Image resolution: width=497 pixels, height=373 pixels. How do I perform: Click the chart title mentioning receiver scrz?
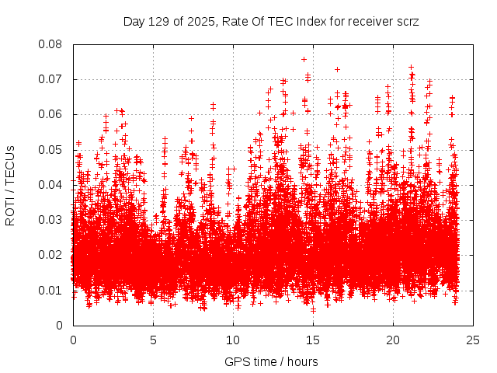[x=271, y=22]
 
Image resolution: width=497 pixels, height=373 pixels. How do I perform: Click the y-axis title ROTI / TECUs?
[x=11, y=185]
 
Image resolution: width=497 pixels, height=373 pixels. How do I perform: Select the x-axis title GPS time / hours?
[x=271, y=361]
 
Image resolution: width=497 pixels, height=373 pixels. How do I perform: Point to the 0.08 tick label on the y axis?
[x=51, y=44]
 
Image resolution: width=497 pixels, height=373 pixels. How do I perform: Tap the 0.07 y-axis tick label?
[x=51, y=79]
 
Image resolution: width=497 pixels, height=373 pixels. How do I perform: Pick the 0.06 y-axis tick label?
[x=51, y=114]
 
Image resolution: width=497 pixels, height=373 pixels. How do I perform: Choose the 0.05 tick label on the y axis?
[x=51, y=149]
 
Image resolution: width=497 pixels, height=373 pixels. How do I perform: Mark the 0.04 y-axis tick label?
[x=51, y=185]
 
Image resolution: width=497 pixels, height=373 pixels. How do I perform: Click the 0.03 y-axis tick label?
[x=51, y=220]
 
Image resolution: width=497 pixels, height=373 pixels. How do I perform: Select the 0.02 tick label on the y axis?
[x=51, y=255]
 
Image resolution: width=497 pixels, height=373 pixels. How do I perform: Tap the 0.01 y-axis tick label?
[x=51, y=290]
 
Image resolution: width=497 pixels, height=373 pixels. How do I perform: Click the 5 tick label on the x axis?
[x=153, y=340]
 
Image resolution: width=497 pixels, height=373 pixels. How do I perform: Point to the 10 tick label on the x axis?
[x=233, y=340]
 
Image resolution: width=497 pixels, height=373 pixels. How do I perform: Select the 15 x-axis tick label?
[x=313, y=340]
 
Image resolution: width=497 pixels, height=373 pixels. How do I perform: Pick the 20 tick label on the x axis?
[x=393, y=340]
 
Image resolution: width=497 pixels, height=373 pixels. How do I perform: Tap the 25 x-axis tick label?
[x=473, y=340]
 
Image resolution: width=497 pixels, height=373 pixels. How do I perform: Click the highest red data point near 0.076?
[x=304, y=59]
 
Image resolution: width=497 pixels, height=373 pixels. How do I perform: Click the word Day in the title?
[x=134, y=22]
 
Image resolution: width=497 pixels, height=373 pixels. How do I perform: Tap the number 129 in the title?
[x=161, y=22]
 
